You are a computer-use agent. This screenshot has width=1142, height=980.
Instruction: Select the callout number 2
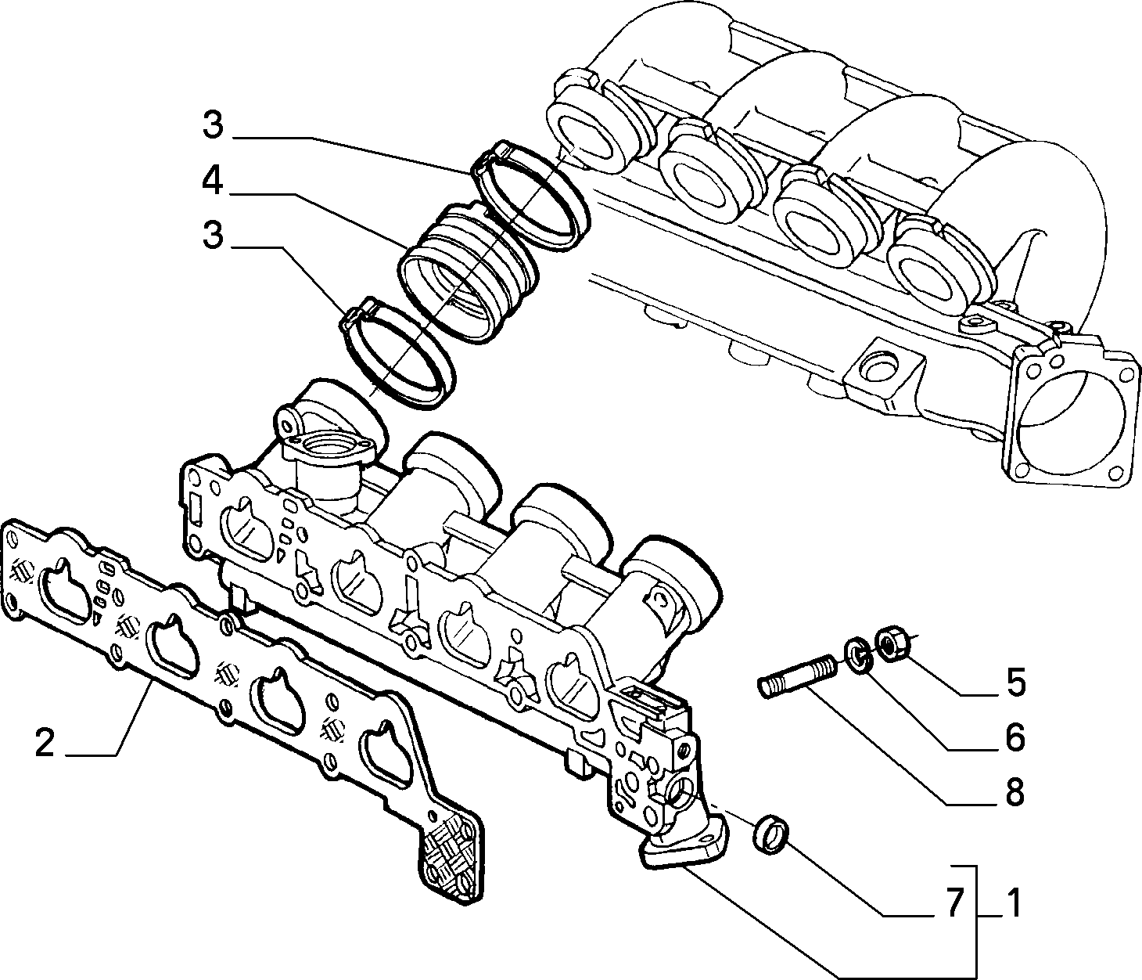pyautogui.click(x=45, y=743)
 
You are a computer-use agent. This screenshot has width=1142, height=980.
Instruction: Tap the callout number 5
pyautogui.click(x=1015, y=683)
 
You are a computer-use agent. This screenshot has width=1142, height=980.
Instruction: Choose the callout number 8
pyautogui.click(x=1015, y=792)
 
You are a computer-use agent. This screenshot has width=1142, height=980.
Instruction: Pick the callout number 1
pyautogui.click(x=1012, y=903)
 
